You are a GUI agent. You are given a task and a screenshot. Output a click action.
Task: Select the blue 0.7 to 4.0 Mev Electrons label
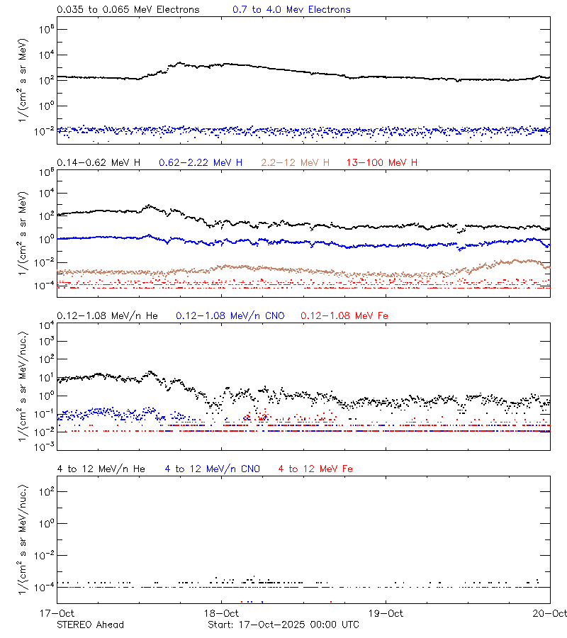click(x=291, y=10)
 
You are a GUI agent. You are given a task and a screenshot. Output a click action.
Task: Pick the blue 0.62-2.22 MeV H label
click(x=201, y=163)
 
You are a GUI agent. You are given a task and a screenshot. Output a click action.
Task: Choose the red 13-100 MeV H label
click(x=382, y=163)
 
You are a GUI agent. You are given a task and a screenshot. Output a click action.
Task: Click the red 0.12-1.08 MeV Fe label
click(x=344, y=315)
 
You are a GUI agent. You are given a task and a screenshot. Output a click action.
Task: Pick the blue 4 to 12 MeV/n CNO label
click(x=212, y=469)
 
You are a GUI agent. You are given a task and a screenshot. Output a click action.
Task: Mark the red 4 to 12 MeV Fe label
click(x=315, y=469)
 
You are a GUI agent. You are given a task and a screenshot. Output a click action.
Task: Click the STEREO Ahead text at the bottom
click(x=90, y=625)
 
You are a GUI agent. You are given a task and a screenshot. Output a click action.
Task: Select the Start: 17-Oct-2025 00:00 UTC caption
click(x=283, y=625)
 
